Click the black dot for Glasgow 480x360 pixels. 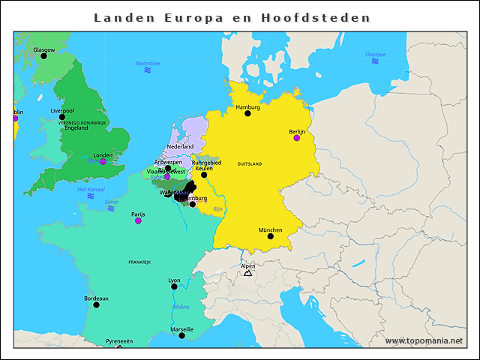coord(43,56)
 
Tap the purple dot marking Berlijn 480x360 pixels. coord(296,138)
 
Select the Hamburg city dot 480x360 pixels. coord(247,113)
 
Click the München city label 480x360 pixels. coord(270,229)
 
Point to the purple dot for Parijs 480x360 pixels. coord(138,220)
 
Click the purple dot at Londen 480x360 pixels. coord(103,162)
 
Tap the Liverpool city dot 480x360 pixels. coord(62,117)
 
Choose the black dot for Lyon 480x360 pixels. coord(174,286)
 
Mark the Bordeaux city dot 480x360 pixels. coord(96,304)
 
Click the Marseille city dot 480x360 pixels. coord(181,335)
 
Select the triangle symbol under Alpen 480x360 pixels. coord(247,273)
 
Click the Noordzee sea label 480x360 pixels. coord(148,64)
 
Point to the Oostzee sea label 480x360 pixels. coord(375,55)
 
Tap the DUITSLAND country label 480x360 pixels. coord(250,163)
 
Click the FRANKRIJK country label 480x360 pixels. coord(139,262)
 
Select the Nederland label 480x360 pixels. coord(180,146)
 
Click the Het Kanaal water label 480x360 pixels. coord(91,190)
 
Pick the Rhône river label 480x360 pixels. coord(181,307)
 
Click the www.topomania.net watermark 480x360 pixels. coord(424,340)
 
